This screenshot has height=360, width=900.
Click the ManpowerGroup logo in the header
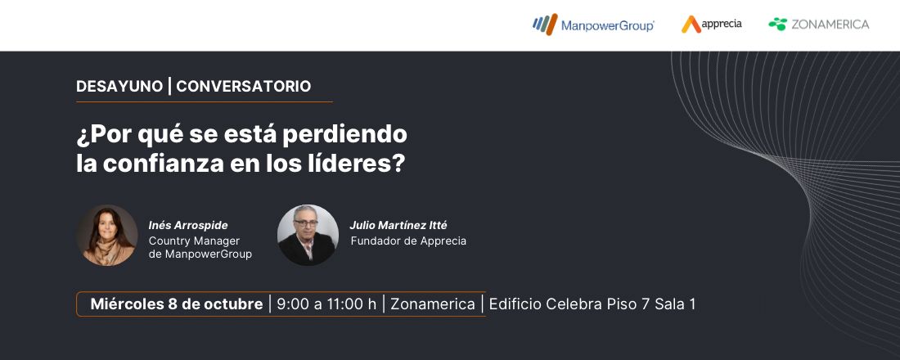pos(593,25)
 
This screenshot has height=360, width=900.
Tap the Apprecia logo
pos(712,25)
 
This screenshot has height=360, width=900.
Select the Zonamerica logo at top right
pos(818,25)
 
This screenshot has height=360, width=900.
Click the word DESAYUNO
pos(119,86)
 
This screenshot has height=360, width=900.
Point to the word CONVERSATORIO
pos(244,86)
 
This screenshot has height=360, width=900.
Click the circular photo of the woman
pos(107,235)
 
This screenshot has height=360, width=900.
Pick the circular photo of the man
pos(308,235)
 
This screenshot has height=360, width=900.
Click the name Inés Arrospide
pos(188,225)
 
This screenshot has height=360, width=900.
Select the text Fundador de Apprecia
pos(408,241)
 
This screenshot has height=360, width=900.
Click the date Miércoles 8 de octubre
pos(177,304)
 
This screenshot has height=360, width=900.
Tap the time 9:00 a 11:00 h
pos(326,304)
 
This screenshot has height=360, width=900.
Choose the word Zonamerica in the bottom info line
pos(433,304)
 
